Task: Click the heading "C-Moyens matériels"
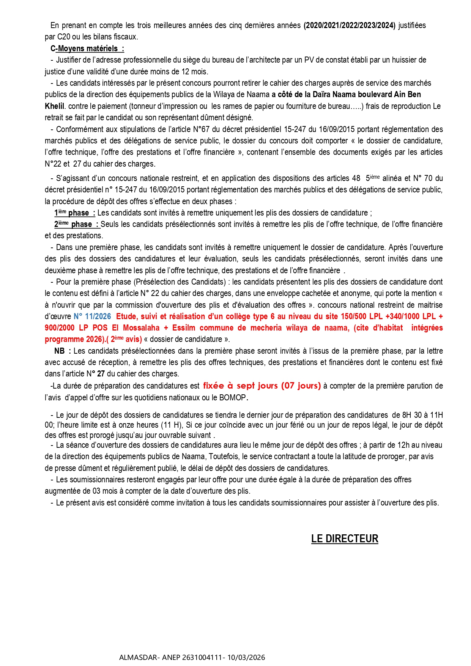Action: point(87,49)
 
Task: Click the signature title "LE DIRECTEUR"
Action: point(344,538)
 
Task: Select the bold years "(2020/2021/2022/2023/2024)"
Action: point(349,25)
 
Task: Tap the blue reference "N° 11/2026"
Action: point(92,316)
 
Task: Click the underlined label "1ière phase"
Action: point(74,213)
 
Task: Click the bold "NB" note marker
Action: point(60,351)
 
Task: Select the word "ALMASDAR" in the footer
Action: point(138,657)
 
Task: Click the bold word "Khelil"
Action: point(54,106)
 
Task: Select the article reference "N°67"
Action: point(201,129)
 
